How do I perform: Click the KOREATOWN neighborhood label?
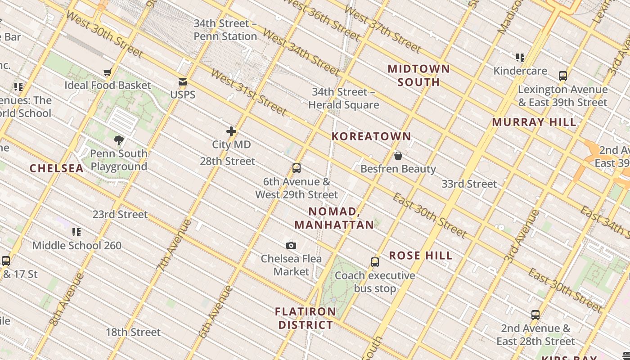(371, 136)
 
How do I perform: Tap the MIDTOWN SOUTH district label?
(418, 76)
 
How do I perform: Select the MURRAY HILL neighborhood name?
(534, 122)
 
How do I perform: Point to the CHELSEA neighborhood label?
(57, 169)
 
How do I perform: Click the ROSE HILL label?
(421, 256)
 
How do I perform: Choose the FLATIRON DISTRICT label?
(306, 318)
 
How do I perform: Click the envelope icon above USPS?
(183, 82)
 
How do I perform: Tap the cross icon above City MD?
(231, 131)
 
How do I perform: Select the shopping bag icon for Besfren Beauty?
(398, 156)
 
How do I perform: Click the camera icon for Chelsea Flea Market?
(291, 245)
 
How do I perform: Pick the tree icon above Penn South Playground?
(119, 140)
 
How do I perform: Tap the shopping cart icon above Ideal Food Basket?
(107, 72)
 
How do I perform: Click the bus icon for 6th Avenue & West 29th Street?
(296, 168)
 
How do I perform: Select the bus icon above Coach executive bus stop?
(375, 262)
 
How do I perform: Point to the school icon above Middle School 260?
(76, 232)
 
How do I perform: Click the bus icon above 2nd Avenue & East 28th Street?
(535, 315)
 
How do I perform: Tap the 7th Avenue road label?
(175, 244)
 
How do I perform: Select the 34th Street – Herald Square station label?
(344, 99)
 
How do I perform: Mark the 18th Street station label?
(133, 333)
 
